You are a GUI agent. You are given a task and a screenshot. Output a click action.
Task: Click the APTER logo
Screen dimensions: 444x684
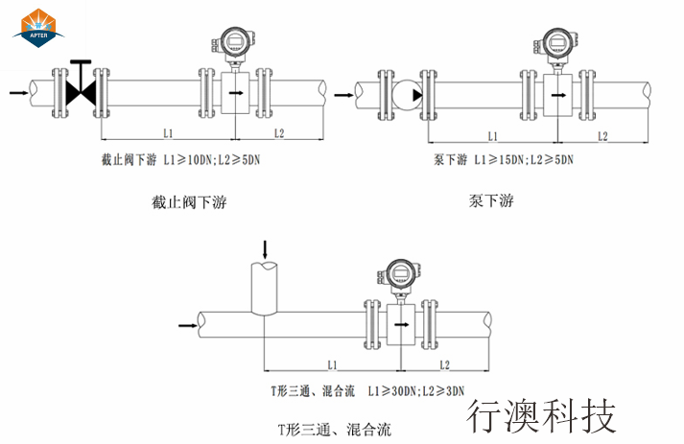pyautogui.click(x=37, y=26)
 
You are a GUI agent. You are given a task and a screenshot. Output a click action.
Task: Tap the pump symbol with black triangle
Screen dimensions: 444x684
pyautogui.click(x=408, y=94)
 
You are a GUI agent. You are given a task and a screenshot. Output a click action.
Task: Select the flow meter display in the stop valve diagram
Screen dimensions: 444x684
pyautogui.click(x=233, y=40)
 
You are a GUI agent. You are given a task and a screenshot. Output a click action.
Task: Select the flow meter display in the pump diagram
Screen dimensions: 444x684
pyautogui.click(x=555, y=40)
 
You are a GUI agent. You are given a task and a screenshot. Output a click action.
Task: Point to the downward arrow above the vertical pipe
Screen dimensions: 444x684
pyautogui.click(x=266, y=248)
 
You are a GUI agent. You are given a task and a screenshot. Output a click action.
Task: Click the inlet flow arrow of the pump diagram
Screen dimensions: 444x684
pyautogui.click(x=342, y=94)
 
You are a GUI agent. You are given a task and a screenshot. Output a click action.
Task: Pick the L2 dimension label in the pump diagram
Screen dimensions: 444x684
pyautogui.click(x=602, y=136)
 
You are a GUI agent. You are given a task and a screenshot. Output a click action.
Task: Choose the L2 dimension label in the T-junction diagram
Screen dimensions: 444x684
pyautogui.click(x=444, y=365)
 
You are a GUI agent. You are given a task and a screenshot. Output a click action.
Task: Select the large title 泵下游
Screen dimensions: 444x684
pyautogui.click(x=491, y=200)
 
